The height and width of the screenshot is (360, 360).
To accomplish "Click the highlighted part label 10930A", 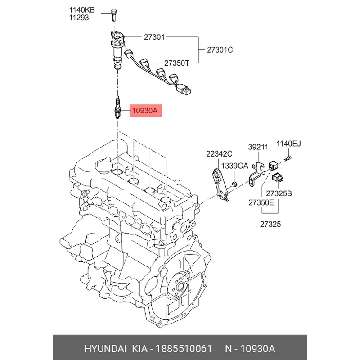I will pos(144,110).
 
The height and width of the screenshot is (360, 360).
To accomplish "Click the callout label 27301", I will pos(154,37).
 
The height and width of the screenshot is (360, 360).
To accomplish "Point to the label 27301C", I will pos(220,50).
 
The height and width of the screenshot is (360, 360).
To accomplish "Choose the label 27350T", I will pos(177,63).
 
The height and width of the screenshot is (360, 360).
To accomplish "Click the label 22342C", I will pos(220,154).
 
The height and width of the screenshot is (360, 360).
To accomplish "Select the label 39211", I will pos(258,147).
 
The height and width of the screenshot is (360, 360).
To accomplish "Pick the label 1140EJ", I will pos(288,144).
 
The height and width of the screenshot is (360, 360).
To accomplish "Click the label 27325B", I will pos(279,193).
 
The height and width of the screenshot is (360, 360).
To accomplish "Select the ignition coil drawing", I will pos(117,47).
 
